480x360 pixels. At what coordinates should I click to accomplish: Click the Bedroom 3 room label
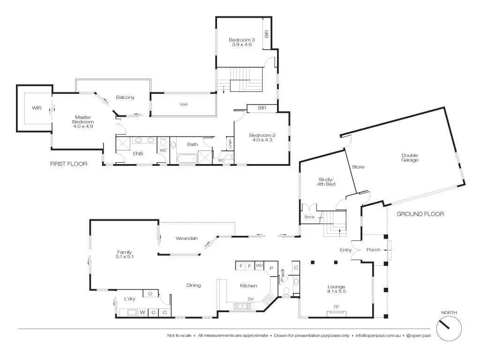click(x=240, y=42)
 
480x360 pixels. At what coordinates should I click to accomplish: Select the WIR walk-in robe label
click(x=37, y=108)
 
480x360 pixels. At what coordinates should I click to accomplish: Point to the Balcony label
click(x=125, y=97)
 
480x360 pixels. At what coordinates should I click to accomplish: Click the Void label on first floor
click(x=183, y=104)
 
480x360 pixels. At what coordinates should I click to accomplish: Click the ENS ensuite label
click(x=138, y=153)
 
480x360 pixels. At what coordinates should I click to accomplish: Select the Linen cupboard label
click(x=230, y=143)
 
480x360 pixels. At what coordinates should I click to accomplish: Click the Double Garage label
click(x=409, y=157)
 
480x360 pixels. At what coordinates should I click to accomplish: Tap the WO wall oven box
click(x=259, y=265)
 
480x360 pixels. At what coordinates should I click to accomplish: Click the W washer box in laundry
click(x=142, y=312)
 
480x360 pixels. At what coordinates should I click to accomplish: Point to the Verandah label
click(x=187, y=238)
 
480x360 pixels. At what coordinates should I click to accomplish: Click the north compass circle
click(x=449, y=328)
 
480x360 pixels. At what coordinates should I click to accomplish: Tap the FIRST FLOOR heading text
click(x=68, y=164)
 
